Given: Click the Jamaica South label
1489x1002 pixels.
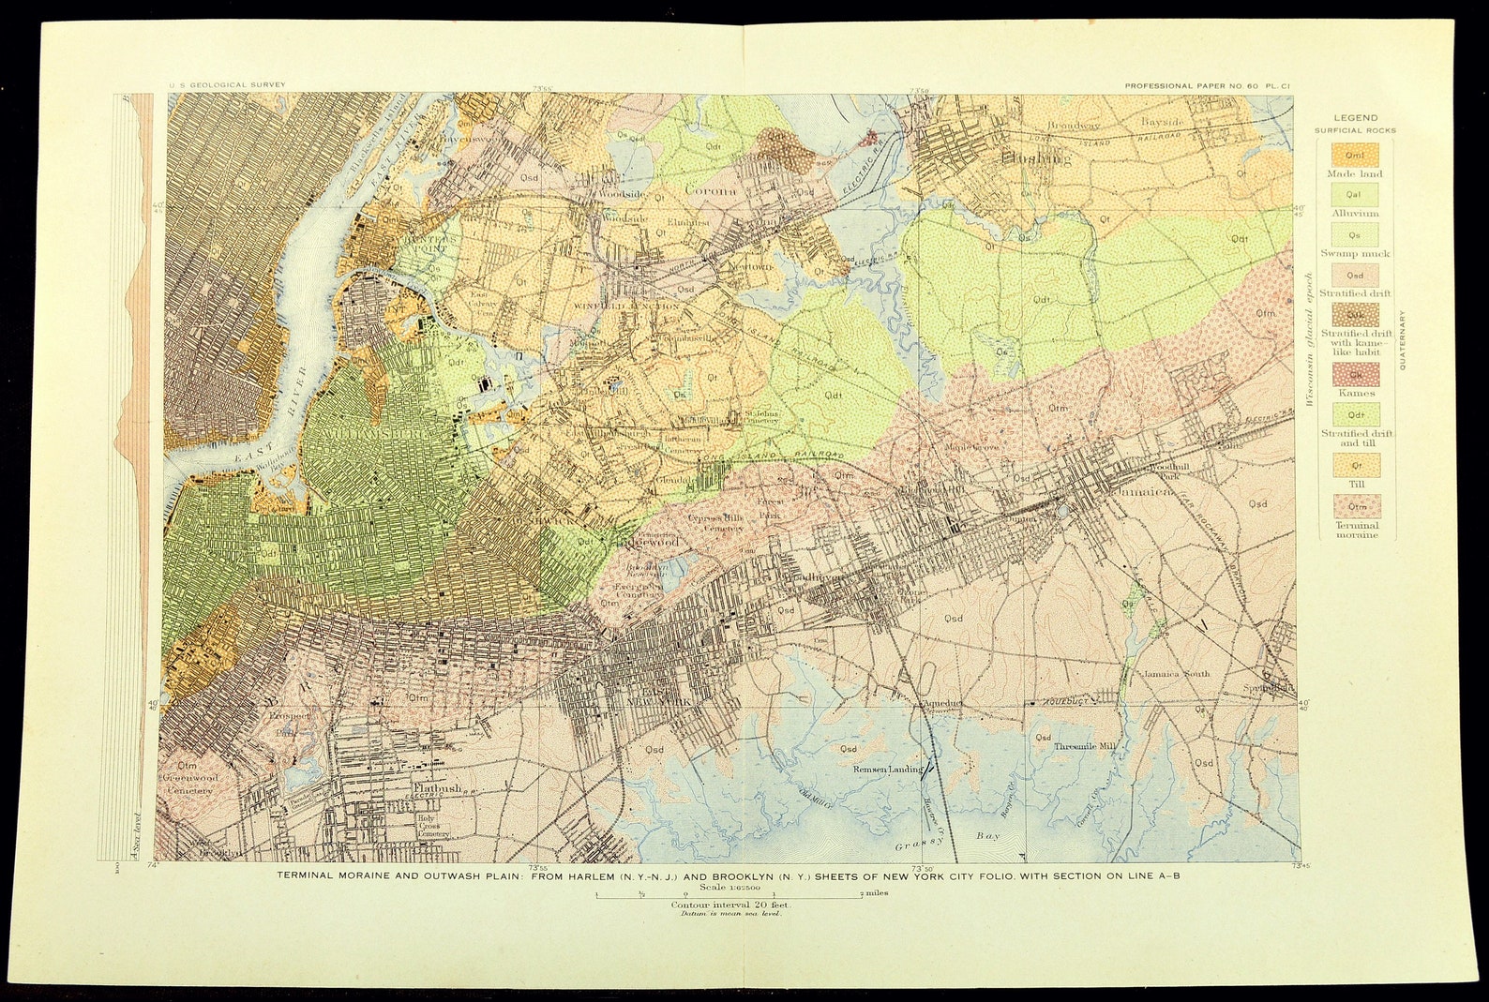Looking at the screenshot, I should [1175, 673].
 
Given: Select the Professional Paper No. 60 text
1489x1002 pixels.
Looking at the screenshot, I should [1209, 85].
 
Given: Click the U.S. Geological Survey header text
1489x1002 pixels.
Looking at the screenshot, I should [227, 84].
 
